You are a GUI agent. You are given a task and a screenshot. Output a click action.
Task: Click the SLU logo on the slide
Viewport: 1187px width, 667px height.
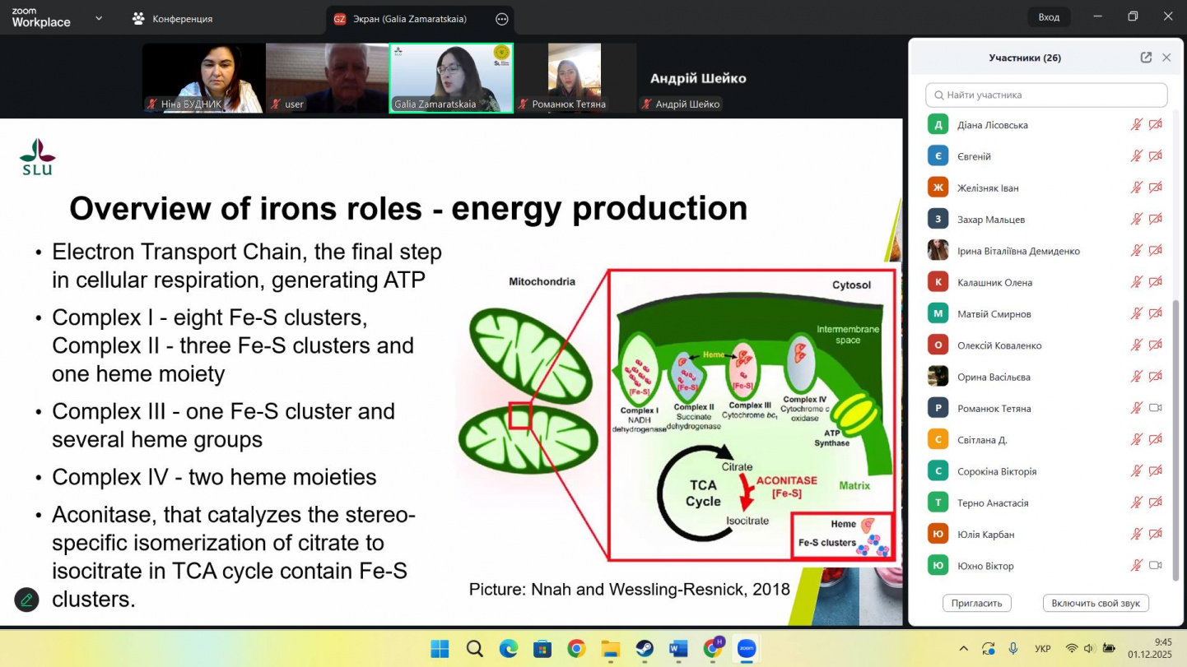pos(38,157)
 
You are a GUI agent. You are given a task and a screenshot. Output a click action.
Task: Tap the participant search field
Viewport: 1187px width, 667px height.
pos(1046,95)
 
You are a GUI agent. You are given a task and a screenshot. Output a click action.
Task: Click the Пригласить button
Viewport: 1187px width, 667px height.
pos(976,603)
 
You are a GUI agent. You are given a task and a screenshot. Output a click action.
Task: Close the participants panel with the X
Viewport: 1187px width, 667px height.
pos(1166,58)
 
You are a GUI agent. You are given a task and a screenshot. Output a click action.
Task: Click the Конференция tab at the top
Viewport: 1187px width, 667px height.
pos(172,19)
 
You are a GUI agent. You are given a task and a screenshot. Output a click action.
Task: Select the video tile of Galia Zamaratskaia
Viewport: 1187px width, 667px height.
pos(451,78)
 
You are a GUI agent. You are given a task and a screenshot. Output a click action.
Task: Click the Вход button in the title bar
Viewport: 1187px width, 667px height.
pos(1049,17)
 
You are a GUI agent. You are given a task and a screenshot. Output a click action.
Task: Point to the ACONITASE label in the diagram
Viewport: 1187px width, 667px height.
pos(786,480)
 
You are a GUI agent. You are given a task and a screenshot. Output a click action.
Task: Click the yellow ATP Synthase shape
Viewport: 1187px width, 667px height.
pos(853,414)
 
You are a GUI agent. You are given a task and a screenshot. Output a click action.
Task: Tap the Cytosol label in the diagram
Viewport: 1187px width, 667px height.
pos(851,285)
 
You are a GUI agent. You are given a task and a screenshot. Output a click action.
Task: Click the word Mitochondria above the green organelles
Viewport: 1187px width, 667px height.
pos(542,281)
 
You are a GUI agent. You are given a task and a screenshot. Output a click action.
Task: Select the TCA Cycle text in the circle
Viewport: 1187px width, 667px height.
pos(703,493)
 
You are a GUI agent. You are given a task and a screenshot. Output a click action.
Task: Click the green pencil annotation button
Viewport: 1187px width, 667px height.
pos(26,600)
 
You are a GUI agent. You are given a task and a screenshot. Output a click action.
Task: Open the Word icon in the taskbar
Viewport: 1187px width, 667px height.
pos(678,648)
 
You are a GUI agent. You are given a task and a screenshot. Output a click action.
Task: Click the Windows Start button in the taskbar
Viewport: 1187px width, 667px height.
pos(440,648)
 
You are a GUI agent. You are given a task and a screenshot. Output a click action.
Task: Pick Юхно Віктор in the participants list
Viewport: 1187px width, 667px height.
pos(985,566)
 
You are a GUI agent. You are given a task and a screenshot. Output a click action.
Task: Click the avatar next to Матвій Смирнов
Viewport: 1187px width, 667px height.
pos(938,313)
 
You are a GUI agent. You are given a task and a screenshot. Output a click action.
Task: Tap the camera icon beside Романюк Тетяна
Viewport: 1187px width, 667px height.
pos(1155,408)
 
